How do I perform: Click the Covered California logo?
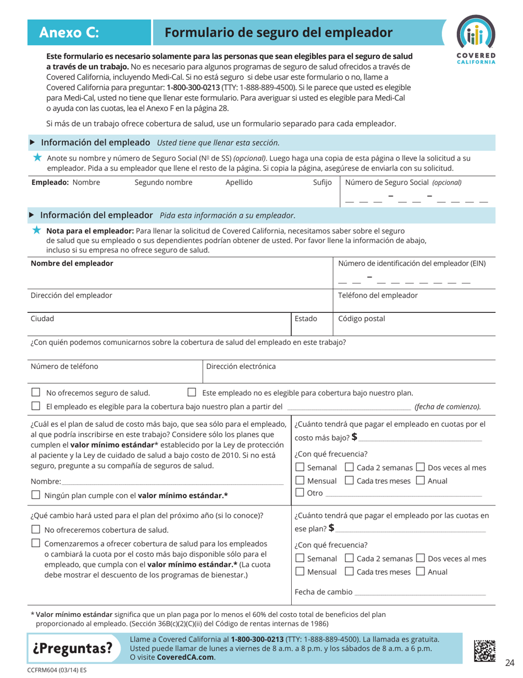point(476,41)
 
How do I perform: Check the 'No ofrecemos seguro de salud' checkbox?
point(35,393)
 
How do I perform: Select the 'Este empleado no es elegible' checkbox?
point(192,393)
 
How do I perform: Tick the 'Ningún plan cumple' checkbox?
point(35,495)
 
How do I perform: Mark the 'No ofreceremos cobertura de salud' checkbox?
point(35,530)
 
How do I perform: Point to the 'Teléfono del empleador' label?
point(377,295)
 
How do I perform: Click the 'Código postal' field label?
point(362,318)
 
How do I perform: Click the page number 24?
point(509,662)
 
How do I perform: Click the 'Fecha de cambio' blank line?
point(420,594)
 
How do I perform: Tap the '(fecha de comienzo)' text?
point(448,407)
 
